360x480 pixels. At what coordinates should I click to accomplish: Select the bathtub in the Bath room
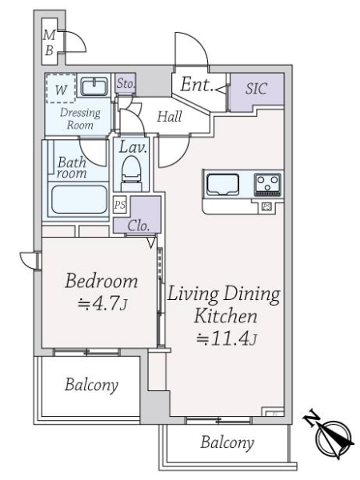click(79, 199)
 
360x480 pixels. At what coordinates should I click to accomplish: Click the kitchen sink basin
click(222, 185)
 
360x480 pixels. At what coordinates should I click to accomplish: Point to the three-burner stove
click(267, 185)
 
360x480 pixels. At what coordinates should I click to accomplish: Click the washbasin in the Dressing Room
click(94, 86)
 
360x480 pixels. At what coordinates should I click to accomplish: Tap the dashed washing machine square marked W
click(61, 89)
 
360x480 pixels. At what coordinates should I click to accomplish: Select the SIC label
click(256, 89)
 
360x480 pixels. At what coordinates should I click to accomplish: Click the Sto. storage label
click(126, 83)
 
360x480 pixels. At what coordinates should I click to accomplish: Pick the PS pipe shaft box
click(120, 204)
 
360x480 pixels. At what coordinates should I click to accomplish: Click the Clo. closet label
click(138, 226)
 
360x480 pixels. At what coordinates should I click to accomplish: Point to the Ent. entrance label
click(197, 85)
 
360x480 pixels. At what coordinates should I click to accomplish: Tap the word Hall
click(170, 116)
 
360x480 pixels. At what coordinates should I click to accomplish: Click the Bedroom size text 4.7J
click(102, 304)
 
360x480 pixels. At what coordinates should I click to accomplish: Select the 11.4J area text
click(226, 338)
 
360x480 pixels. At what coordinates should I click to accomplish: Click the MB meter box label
click(49, 42)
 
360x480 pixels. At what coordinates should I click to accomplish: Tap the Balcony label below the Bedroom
click(91, 385)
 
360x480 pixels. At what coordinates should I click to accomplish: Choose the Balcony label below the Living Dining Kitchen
click(227, 442)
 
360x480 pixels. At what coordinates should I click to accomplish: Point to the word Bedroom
click(102, 281)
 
